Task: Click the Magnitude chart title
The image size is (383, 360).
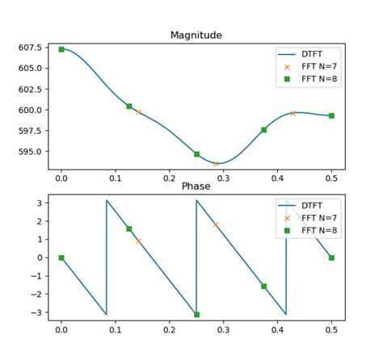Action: click(x=196, y=36)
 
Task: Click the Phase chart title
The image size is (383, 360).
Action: click(x=196, y=186)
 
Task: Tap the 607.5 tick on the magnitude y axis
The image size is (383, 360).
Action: click(x=30, y=48)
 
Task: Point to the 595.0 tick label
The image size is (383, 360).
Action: click(x=30, y=151)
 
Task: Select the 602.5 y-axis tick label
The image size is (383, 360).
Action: click(x=30, y=89)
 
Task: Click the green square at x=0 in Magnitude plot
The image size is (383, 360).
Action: click(x=61, y=49)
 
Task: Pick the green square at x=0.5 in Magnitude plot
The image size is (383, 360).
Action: click(x=331, y=115)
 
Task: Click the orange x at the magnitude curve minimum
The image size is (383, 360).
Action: click(x=216, y=164)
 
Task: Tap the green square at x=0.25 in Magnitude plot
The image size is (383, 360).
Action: click(x=196, y=154)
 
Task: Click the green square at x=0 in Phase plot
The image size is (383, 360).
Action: click(x=61, y=257)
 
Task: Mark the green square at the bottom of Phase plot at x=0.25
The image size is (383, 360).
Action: click(x=196, y=314)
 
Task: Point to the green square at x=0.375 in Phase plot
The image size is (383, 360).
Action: click(x=263, y=286)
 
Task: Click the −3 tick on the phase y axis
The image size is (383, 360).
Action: click(x=36, y=312)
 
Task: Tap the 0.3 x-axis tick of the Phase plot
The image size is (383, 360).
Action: click(x=223, y=330)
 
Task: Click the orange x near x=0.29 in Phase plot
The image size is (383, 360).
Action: click(x=216, y=224)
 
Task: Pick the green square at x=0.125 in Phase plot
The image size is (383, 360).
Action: click(x=129, y=228)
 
